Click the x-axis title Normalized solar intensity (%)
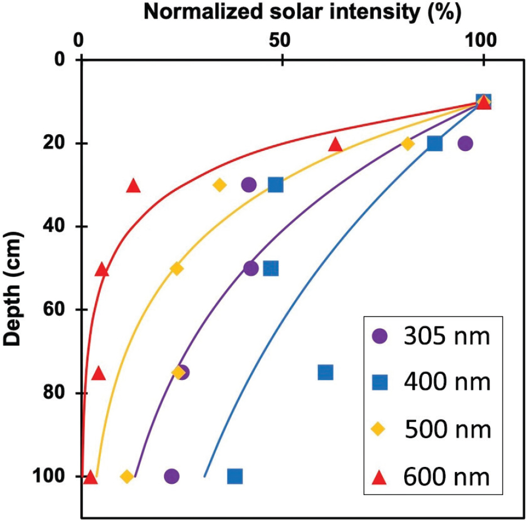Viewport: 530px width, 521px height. [x=302, y=12]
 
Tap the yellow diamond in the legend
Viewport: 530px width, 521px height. [x=381, y=430]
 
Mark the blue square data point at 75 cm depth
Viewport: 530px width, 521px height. [x=325, y=372]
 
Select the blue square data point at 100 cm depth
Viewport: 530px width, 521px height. [x=235, y=476]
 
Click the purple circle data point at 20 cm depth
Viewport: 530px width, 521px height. [x=465, y=143]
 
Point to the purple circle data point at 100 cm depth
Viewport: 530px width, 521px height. [x=172, y=476]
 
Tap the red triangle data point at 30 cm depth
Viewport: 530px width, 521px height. [x=133, y=186]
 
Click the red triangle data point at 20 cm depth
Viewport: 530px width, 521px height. [x=336, y=144]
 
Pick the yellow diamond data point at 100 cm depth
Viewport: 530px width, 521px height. [x=127, y=476]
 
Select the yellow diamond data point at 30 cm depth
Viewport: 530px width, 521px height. [x=220, y=185]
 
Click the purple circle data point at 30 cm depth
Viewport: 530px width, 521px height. [x=249, y=184]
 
